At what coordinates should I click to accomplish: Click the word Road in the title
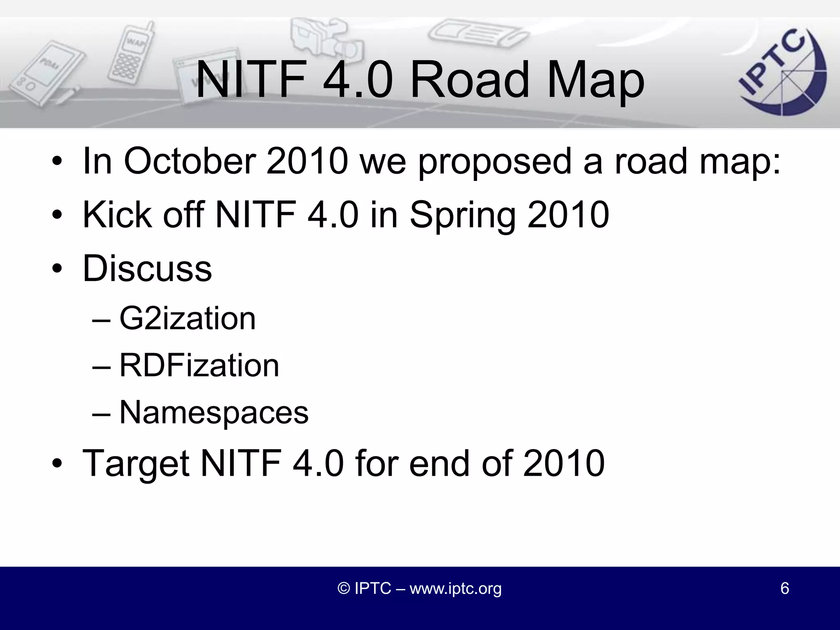(470, 80)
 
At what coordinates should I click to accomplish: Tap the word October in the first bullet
(189, 161)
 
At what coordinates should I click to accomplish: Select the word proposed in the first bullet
(495, 162)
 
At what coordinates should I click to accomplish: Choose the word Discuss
(147, 268)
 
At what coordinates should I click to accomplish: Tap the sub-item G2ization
(187, 318)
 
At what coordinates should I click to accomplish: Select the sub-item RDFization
(199, 365)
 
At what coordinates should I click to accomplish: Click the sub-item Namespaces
(214, 412)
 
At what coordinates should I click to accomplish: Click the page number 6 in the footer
(784, 588)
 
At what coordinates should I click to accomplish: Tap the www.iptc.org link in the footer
(455, 589)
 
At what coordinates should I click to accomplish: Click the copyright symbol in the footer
(343, 589)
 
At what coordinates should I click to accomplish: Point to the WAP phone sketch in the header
(130, 53)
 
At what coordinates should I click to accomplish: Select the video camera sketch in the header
(324, 39)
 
